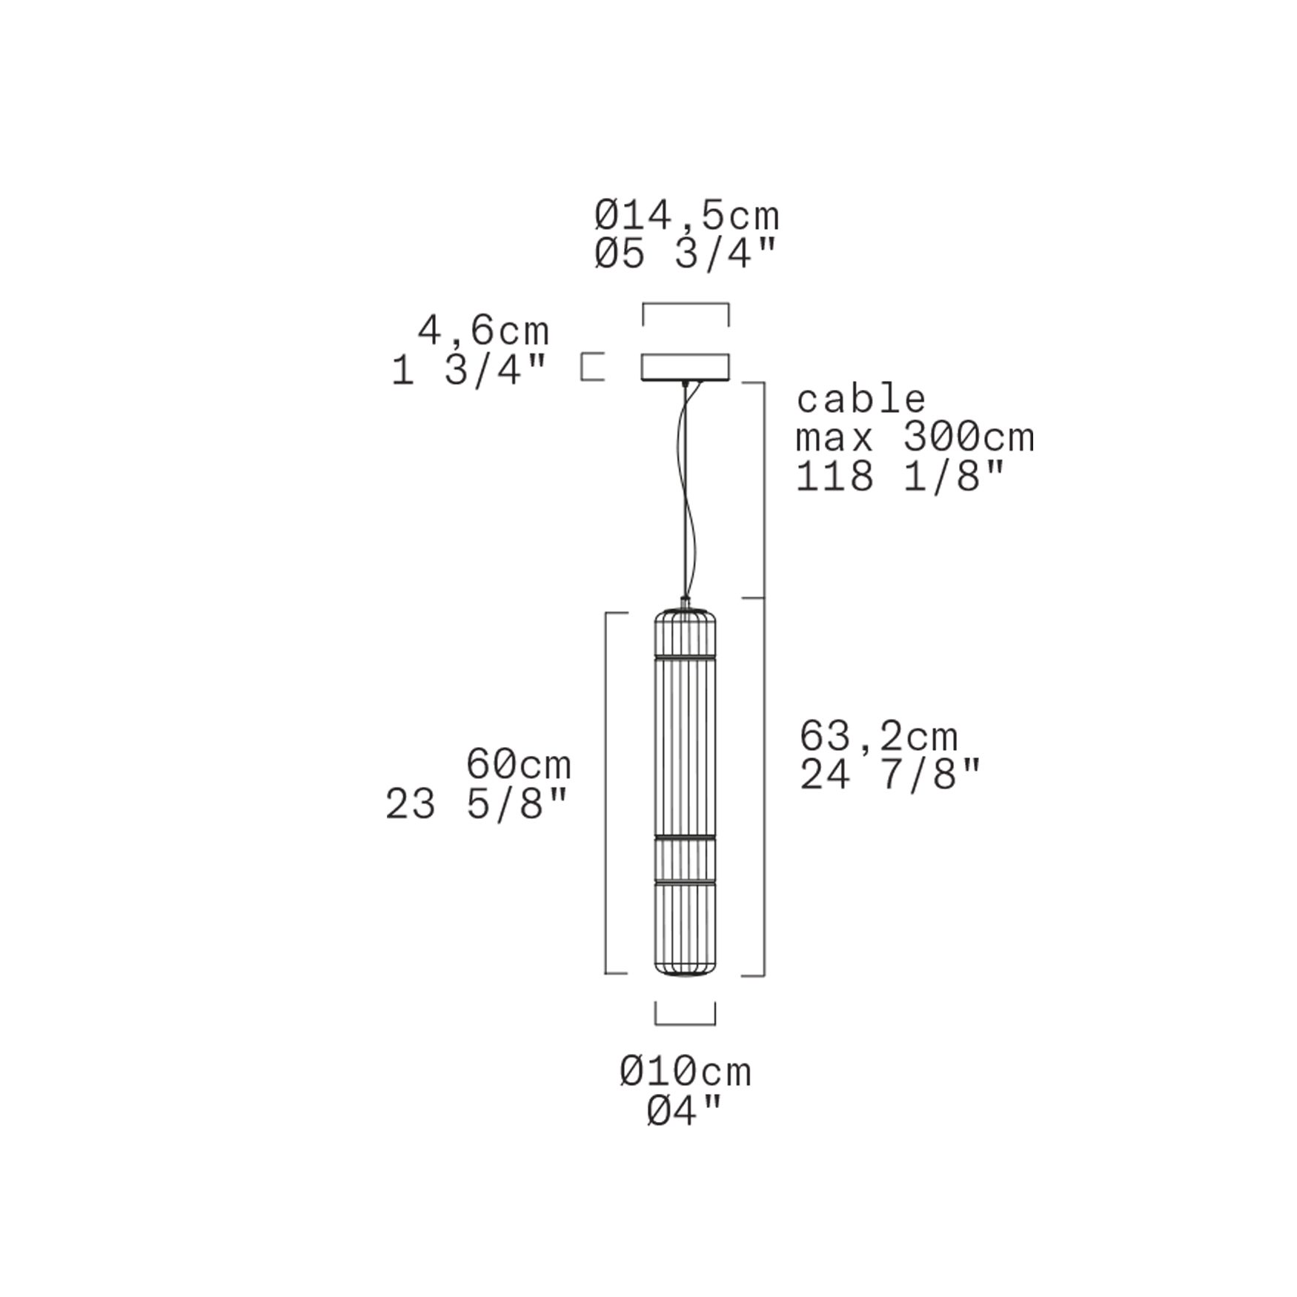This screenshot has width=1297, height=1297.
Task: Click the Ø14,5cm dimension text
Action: (x=687, y=216)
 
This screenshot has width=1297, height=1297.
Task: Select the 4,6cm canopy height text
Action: (x=483, y=331)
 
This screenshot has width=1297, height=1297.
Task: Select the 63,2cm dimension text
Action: (x=879, y=737)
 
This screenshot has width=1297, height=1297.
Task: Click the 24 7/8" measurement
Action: (x=890, y=775)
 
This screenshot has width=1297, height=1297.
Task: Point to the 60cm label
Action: (x=519, y=763)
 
